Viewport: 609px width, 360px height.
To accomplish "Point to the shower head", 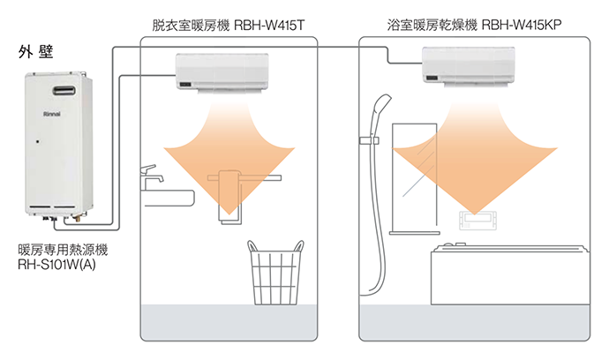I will [374, 115].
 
